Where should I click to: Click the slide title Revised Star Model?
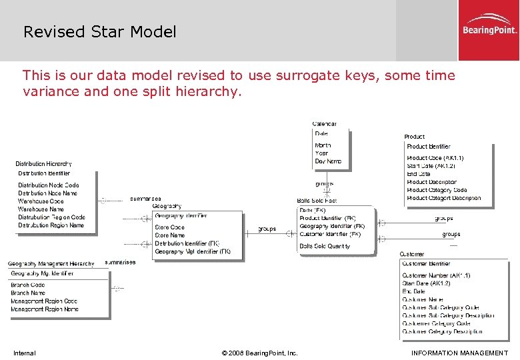[x=100, y=31]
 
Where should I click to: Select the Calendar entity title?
[x=325, y=124]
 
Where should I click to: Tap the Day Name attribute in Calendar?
[x=328, y=161]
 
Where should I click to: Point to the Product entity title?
[x=414, y=137]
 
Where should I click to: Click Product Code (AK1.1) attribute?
[x=435, y=158]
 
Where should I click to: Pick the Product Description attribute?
[x=431, y=182]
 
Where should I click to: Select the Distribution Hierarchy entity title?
[x=44, y=163]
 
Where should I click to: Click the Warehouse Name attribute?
[x=41, y=209]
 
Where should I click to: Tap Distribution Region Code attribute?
[x=51, y=217]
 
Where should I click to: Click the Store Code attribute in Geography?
[x=169, y=227]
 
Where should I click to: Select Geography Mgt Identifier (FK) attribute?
[x=192, y=252]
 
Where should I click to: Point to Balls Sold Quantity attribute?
[x=325, y=246]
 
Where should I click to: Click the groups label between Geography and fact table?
[x=267, y=229]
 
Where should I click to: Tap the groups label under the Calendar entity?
[x=324, y=184]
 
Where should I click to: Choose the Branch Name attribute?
[x=28, y=293]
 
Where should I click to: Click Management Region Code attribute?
[x=44, y=301]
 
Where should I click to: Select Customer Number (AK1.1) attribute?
[x=436, y=275]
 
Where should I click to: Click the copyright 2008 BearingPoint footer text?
[x=259, y=353]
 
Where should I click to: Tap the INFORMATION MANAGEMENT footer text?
[x=459, y=353]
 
